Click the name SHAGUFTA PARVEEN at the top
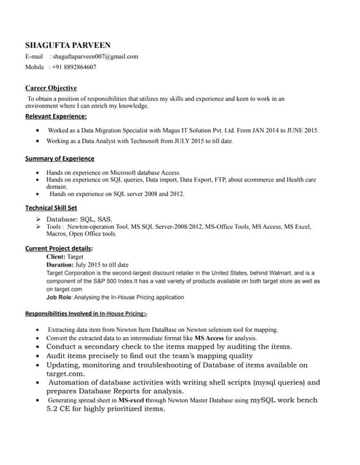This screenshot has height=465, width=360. pos(68,45)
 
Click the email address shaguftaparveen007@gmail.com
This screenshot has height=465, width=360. pos(94,56)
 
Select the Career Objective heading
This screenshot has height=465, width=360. pos(51,88)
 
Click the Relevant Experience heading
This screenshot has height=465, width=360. pos(56,116)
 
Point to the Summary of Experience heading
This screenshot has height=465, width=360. pos(60,158)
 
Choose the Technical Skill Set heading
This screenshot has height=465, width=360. pos(51,208)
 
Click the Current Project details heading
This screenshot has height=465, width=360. pos(59,248)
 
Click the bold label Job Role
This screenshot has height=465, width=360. pos(60,296)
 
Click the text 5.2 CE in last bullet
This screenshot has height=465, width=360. pos(58,408)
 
